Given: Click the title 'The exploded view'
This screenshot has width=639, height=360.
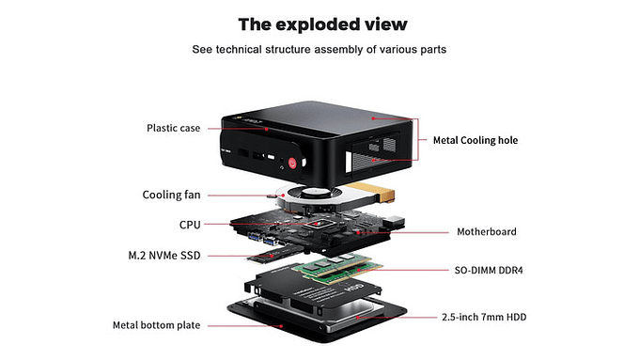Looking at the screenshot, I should (x=319, y=23).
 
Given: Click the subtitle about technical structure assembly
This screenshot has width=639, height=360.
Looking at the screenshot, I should (x=319, y=49).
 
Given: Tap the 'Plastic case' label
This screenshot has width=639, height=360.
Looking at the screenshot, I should (x=173, y=128).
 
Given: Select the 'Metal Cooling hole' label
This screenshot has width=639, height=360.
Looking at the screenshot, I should (x=475, y=140).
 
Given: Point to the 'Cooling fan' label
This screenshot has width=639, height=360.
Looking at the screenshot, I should (x=169, y=195).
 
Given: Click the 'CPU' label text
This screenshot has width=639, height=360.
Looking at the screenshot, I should (x=189, y=225).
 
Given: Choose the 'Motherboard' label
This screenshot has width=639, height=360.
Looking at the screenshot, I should (x=486, y=231).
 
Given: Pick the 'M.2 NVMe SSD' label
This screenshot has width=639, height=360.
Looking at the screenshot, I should (x=164, y=255).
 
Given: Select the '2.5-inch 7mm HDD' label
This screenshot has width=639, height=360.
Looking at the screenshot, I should (x=483, y=318).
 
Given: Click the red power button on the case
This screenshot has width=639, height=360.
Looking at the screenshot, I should (x=293, y=163).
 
